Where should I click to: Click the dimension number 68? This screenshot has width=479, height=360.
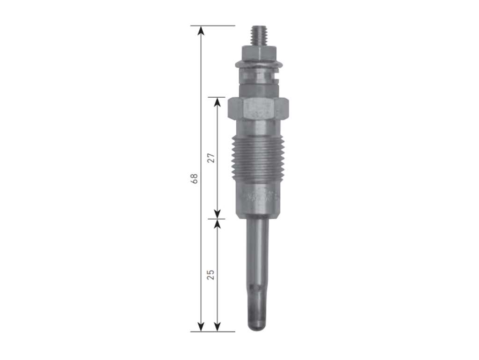point(194,178)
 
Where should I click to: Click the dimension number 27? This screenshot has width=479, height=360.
point(211,158)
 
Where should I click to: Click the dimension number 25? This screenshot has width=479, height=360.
point(211,275)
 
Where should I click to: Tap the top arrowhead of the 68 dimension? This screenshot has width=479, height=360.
point(201,31)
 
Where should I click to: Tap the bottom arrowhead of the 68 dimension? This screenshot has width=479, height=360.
point(201,326)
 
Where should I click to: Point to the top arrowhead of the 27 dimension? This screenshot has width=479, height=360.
point(217,102)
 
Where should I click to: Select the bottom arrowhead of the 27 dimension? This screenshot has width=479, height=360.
point(217,214)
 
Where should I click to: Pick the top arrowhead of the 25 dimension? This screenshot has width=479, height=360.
point(217,224)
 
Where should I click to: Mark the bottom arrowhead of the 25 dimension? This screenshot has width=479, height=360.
point(217,326)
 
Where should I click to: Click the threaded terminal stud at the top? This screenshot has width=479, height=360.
point(258,36)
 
